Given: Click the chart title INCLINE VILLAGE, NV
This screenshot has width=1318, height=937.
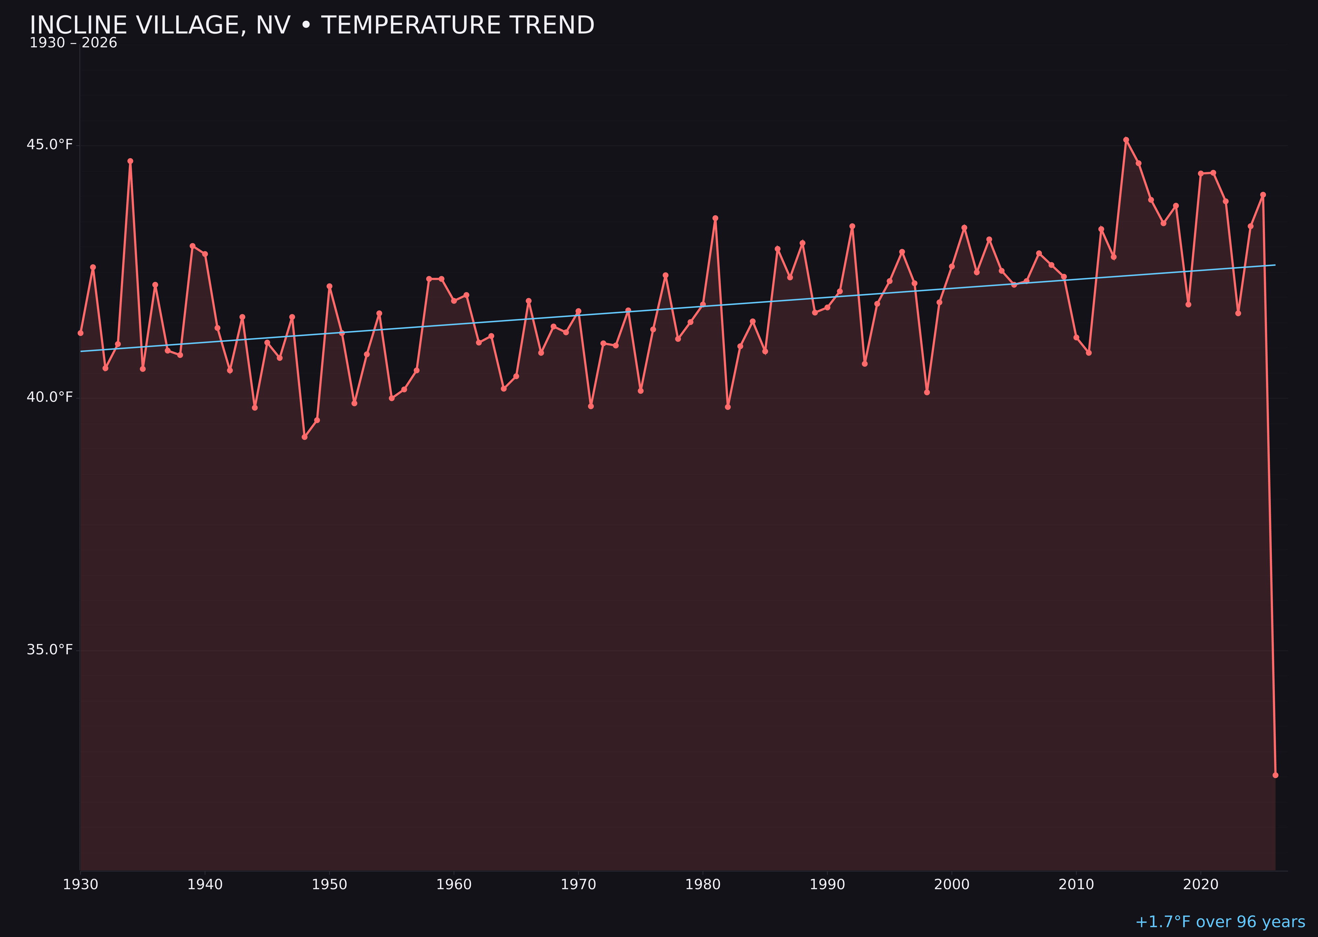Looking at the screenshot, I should [x=312, y=25].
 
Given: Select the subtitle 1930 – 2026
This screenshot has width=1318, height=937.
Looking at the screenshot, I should [x=73, y=43].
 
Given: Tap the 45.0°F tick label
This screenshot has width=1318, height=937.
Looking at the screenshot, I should [x=50, y=144].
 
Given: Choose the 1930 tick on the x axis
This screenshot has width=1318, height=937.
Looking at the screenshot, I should [x=81, y=885].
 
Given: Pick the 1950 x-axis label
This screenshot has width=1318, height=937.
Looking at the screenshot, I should [x=329, y=885].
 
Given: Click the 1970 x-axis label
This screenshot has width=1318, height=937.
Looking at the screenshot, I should [x=578, y=885].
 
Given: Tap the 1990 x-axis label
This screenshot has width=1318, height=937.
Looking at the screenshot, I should [x=827, y=885].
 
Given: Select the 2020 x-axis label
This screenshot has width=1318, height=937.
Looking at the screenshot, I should [x=1201, y=885].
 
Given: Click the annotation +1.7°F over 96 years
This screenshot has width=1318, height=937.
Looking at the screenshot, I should [x=1220, y=922].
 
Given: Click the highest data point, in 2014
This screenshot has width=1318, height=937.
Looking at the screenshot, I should [x=1126, y=140].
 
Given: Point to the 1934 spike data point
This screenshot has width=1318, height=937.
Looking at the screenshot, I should [x=130, y=161].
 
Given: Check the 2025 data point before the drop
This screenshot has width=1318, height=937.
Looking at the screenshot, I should [x=1263, y=195].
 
